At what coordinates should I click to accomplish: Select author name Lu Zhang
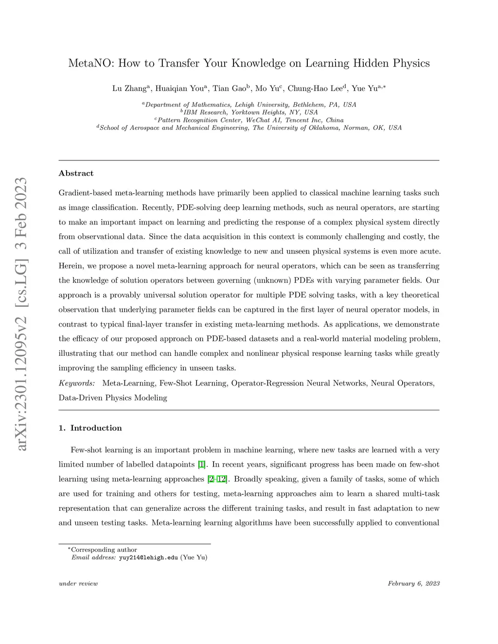(x=129, y=88)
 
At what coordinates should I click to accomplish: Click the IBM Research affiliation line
(x=249, y=112)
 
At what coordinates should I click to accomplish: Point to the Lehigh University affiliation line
(x=249, y=104)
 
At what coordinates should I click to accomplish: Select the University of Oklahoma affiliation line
(x=249, y=128)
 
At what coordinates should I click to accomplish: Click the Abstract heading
(x=76, y=174)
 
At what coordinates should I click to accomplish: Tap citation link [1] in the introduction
(x=202, y=465)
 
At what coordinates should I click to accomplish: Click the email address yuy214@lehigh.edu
(x=148, y=557)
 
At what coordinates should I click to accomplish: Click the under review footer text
(x=78, y=583)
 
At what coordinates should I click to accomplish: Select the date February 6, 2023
(x=413, y=583)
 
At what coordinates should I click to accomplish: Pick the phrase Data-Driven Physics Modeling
(x=113, y=398)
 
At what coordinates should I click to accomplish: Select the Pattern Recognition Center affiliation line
(x=249, y=120)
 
